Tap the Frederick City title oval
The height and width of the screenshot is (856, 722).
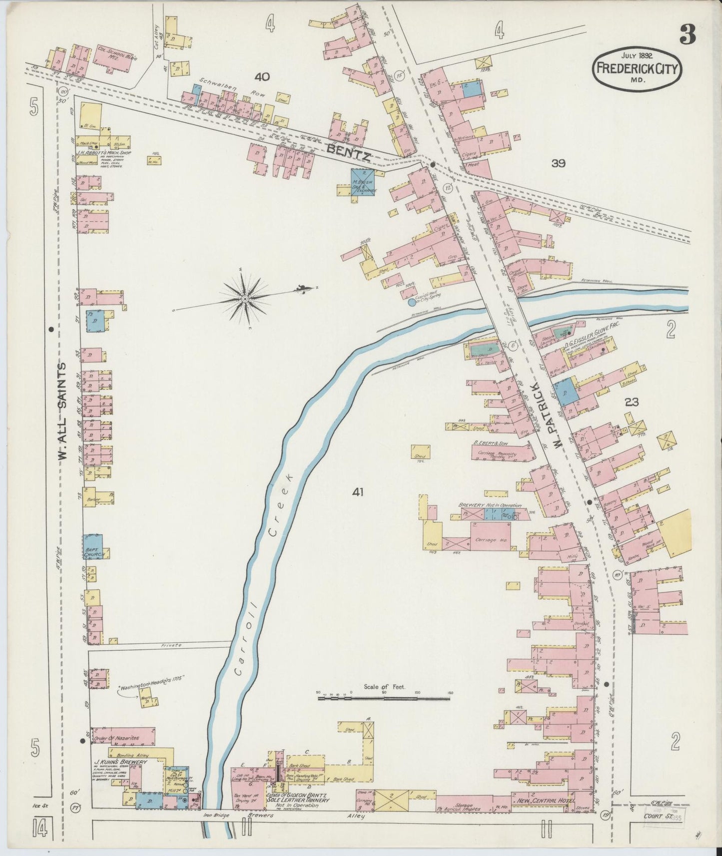pyautogui.click(x=637, y=70)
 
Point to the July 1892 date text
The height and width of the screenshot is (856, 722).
pyautogui.click(x=637, y=55)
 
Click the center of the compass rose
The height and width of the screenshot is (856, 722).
pyautogui.click(x=245, y=299)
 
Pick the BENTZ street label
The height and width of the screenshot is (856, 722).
pyautogui.click(x=348, y=151)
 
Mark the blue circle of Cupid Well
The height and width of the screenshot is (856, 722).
pyautogui.click(x=411, y=302)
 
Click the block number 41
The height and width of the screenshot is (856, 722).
pyautogui.click(x=357, y=492)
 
